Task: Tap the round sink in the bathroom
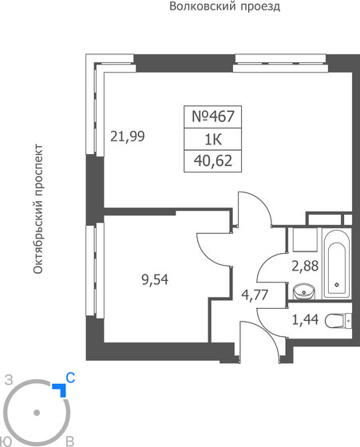[x=303, y=291]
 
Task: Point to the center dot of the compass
[x=36, y=413]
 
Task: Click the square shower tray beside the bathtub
[x=303, y=241]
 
